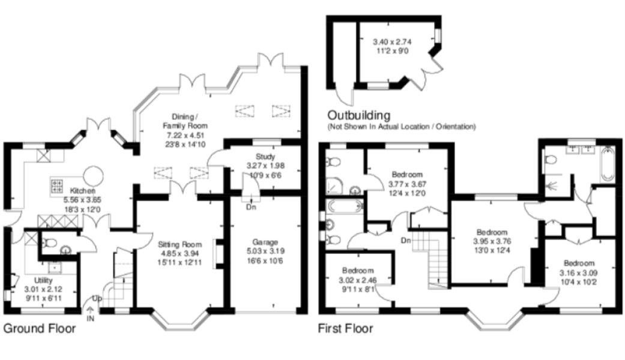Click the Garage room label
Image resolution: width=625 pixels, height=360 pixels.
[x=265, y=242]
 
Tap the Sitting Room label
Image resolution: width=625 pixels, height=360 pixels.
[x=180, y=245]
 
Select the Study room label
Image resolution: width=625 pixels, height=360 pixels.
[x=265, y=157]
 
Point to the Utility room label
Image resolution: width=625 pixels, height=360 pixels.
[x=43, y=280]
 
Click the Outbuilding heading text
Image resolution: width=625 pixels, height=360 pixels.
[x=359, y=115]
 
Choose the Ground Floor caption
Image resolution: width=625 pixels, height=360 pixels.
[x=40, y=328]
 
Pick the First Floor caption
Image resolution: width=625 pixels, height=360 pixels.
[x=346, y=329]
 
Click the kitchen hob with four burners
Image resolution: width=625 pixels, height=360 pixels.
[x=56, y=186]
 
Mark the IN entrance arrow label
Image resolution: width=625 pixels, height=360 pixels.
[x=91, y=319]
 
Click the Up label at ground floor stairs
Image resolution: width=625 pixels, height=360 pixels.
[x=97, y=298]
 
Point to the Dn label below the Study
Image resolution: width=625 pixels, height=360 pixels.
[x=251, y=207]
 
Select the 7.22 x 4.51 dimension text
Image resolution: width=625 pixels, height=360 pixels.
[x=186, y=135]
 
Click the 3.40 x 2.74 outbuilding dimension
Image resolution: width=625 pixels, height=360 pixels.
[x=392, y=41]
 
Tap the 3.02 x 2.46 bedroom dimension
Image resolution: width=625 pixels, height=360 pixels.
[x=358, y=280]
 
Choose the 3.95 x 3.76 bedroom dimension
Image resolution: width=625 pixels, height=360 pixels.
[x=492, y=241]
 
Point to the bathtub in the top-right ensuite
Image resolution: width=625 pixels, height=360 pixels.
[x=608, y=164]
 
